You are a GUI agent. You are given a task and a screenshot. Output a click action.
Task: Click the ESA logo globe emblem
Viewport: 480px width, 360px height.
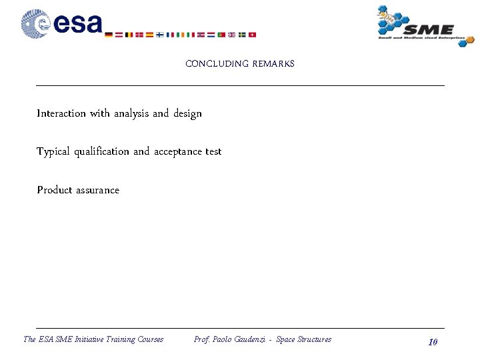(35, 23)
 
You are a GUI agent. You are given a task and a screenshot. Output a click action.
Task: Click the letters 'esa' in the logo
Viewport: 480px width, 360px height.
(78, 24)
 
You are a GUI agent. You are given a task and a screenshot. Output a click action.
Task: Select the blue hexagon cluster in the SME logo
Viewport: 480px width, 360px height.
(393, 19)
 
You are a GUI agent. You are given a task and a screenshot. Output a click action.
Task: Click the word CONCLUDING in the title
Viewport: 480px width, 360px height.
(216, 64)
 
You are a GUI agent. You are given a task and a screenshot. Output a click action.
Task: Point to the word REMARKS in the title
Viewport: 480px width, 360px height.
(273, 64)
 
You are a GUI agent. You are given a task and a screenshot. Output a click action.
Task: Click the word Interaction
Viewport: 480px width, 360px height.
(61, 113)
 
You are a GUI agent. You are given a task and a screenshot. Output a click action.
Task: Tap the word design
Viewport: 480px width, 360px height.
(187, 114)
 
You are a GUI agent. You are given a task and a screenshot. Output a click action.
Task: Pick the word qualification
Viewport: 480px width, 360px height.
(101, 152)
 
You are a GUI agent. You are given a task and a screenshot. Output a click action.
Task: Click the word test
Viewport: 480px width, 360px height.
(213, 151)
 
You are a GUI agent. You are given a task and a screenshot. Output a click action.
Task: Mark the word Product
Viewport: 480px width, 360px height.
(54, 190)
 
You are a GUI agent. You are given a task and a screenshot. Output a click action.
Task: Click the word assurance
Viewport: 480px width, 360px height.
(97, 190)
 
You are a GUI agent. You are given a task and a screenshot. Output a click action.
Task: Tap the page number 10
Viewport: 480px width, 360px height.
(433, 342)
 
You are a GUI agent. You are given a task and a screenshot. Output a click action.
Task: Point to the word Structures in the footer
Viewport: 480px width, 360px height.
(314, 339)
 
